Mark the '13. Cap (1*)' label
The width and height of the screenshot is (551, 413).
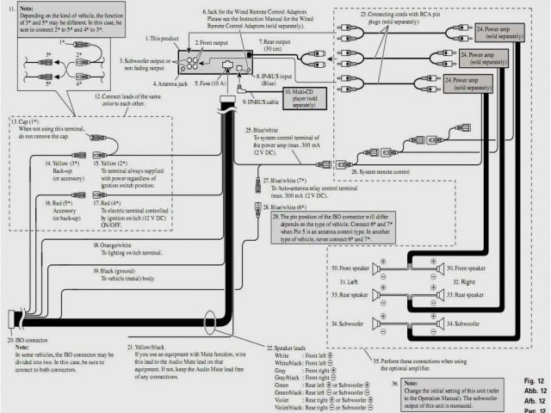33,121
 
